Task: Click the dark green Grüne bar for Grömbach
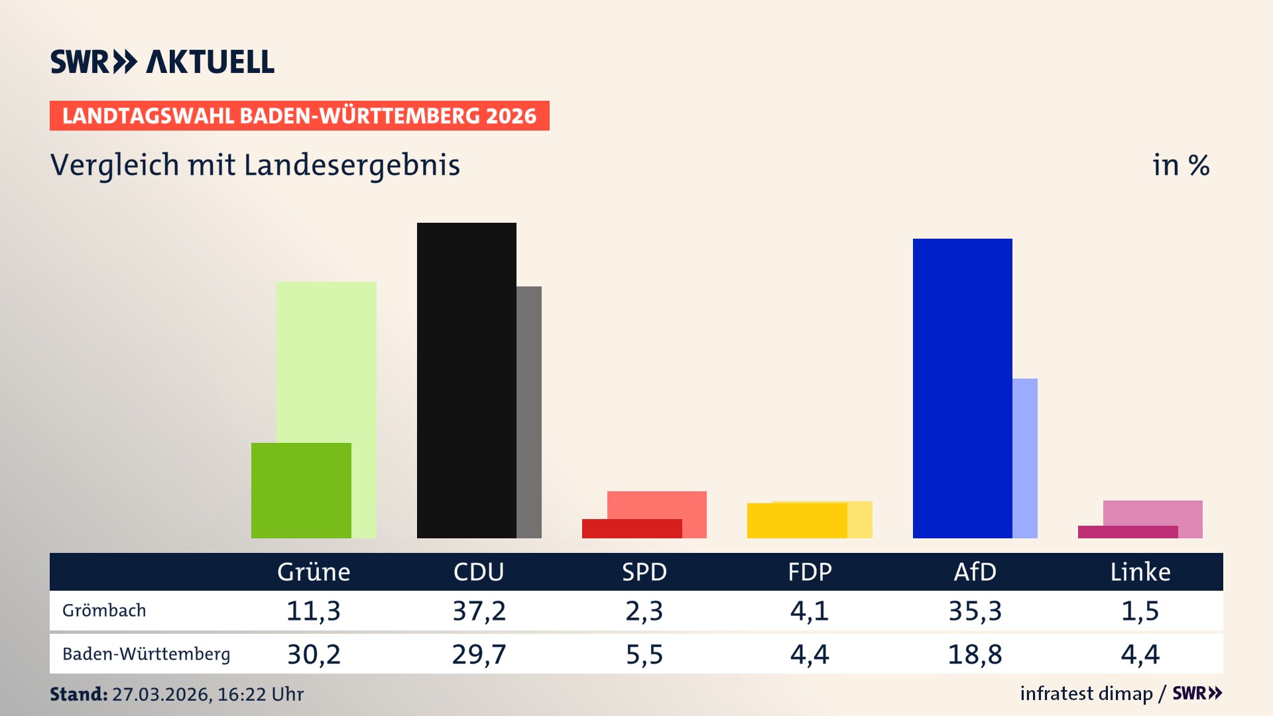tap(301, 490)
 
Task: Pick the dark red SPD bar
tap(631, 528)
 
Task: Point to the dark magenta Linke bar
tap(1127, 532)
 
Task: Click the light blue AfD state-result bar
tap(1025, 457)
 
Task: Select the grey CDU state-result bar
tap(529, 411)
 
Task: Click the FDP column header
tap(810, 572)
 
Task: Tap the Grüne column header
tap(314, 572)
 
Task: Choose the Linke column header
tap(1140, 572)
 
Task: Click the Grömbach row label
tap(104, 611)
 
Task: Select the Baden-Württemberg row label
tap(146, 654)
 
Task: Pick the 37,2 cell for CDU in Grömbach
tap(479, 611)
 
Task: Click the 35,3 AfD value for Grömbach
tap(975, 611)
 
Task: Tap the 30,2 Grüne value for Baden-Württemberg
tap(314, 654)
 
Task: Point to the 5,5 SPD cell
tap(644, 654)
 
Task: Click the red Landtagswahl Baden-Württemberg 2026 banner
tap(299, 116)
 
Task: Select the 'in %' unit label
tap(1180, 165)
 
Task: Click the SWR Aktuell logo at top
tap(162, 62)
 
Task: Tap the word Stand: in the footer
tap(78, 694)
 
